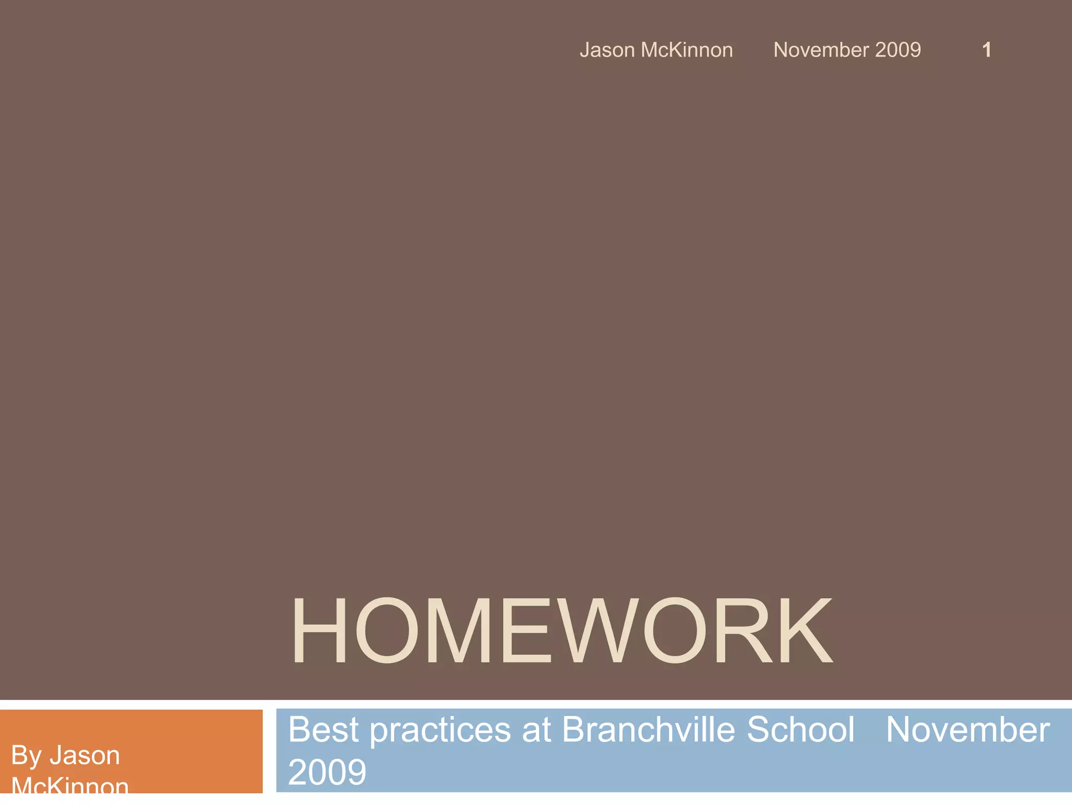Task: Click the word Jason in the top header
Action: coord(607,50)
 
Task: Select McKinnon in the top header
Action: coord(687,50)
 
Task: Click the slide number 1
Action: coord(987,50)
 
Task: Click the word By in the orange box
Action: coord(26,756)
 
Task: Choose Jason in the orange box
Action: coord(85,756)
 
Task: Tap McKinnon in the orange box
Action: coord(70,785)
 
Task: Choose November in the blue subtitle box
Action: coord(968,730)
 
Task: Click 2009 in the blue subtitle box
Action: coord(327,772)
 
